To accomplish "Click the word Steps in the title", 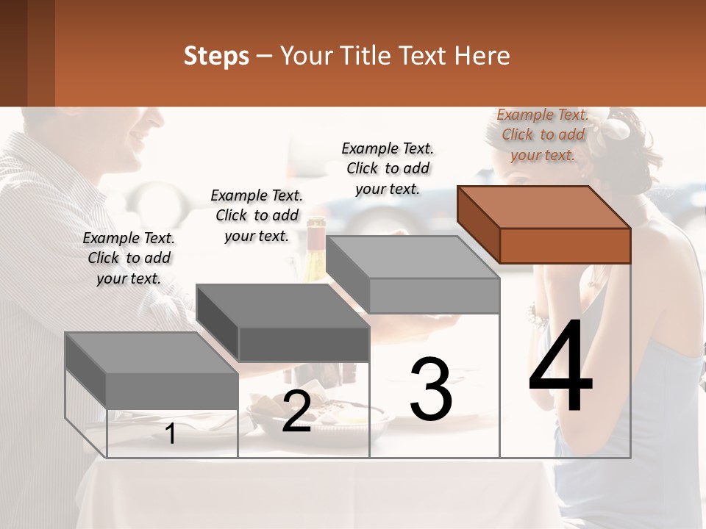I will point(216,56).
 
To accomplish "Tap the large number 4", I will point(560,367).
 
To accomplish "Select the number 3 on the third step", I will point(430,389).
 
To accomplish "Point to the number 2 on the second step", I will point(296,412).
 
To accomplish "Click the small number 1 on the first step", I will point(171,434).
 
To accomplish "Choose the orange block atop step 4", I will point(544,224).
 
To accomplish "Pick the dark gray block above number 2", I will point(283,323).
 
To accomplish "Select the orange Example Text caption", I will point(543,134).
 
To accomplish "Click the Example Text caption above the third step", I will point(388,168).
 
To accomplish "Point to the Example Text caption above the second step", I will point(257,215).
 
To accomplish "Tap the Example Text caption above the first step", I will point(129,258).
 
